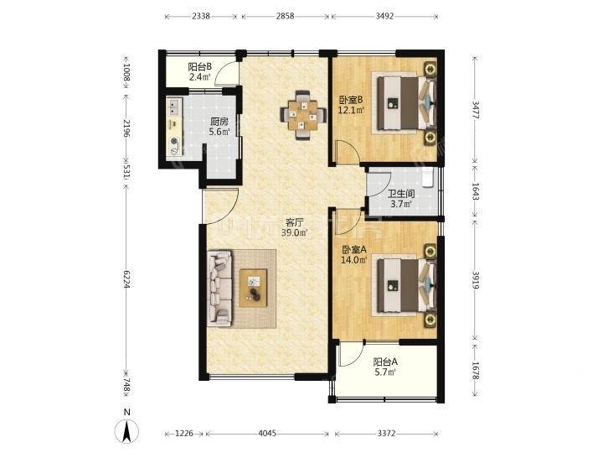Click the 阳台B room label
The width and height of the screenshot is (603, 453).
[x=199, y=66]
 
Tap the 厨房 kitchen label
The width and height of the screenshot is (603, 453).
[x=219, y=122]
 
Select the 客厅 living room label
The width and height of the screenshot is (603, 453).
[x=295, y=222]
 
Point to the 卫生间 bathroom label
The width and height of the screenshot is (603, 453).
[x=401, y=194]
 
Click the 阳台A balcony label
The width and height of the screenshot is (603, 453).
[x=385, y=362]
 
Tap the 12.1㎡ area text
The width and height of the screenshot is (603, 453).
[x=351, y=110]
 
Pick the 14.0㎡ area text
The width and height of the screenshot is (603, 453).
[x=353, y=260]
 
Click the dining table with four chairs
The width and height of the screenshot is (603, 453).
[x=303, y=115]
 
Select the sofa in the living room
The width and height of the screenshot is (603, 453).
[x=220, y=289]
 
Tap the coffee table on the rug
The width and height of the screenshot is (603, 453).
[x=253, y=288]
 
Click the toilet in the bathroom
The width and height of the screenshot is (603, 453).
[x=428, y=177]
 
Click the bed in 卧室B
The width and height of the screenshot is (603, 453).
[x=406, y=103]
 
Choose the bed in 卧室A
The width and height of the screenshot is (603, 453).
[x=406, y=285]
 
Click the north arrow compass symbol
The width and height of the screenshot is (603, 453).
[x=127, y=430]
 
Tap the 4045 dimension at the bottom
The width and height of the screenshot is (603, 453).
[x=267, y=434]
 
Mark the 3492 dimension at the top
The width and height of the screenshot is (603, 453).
[x=384, y=16]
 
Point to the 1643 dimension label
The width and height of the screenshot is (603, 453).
[x=476, y=190]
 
